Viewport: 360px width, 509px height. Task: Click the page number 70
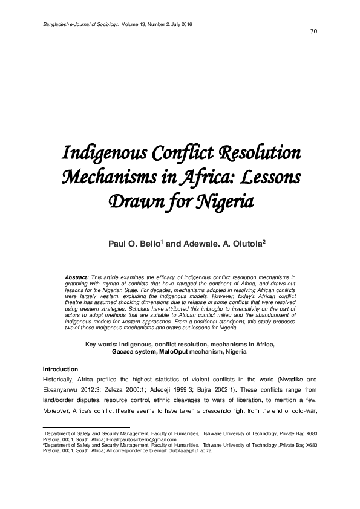tap(313, 31)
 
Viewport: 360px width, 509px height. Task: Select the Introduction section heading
tap(61, 369)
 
